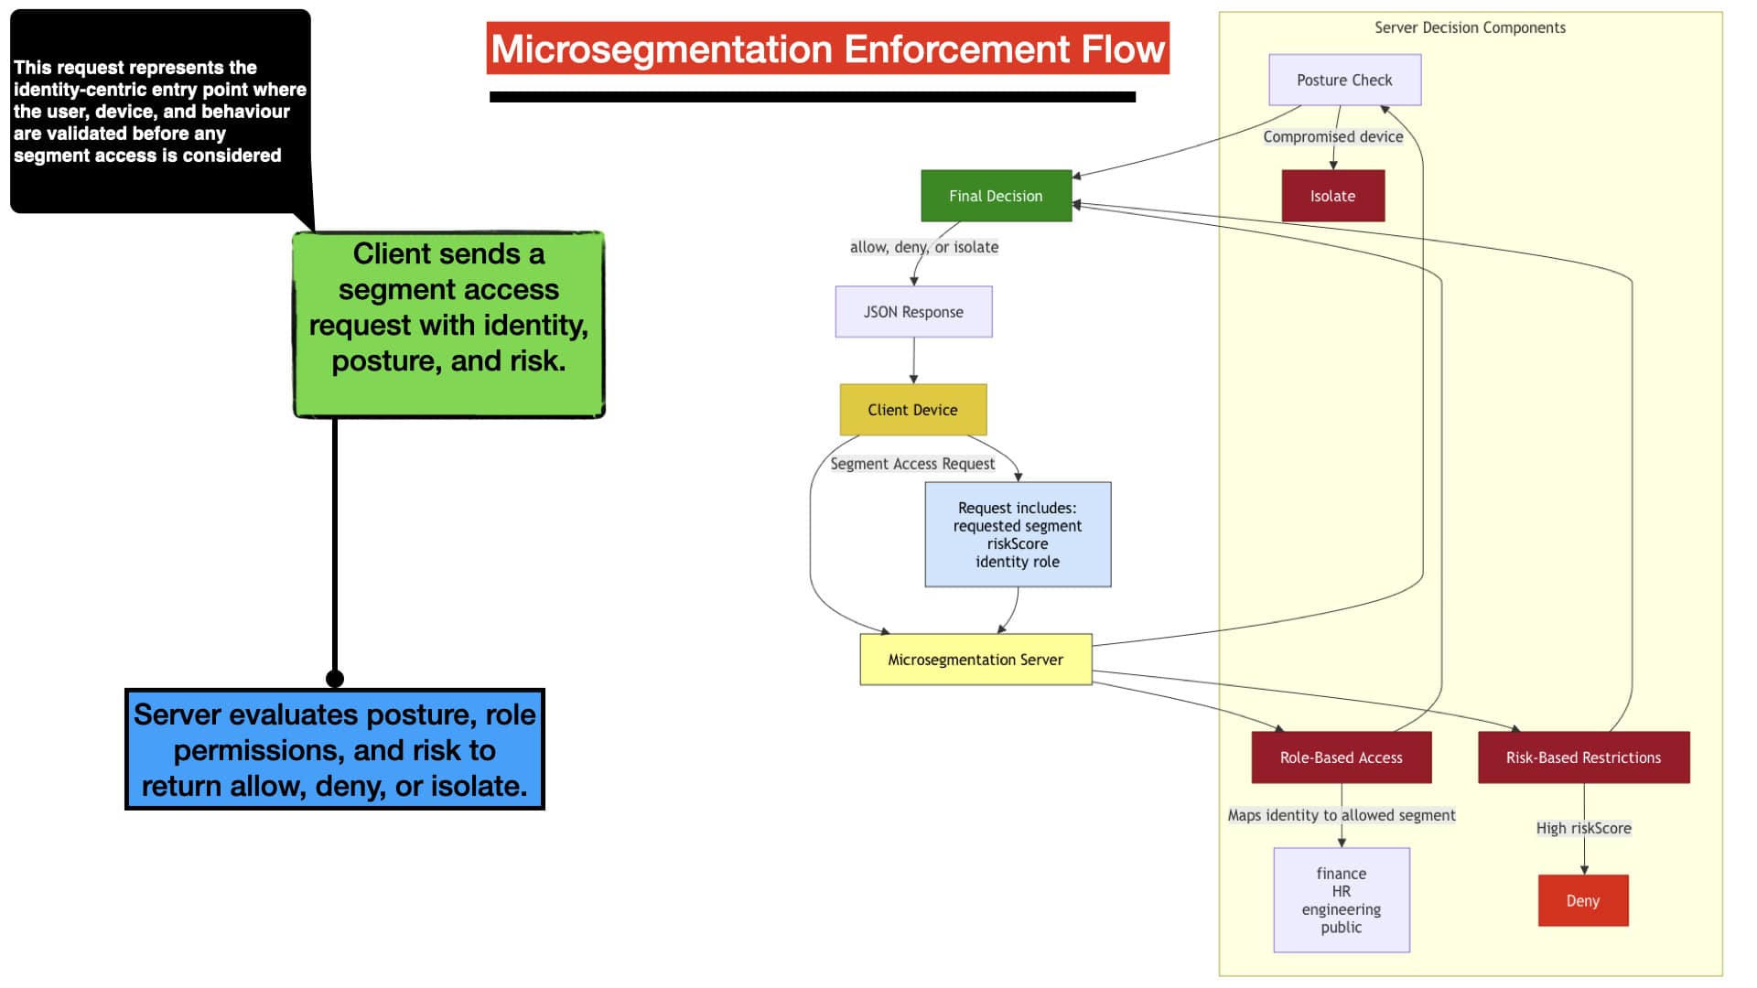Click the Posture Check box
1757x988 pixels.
(x=1344, y=80)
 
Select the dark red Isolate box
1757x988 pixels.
(x=1332, y=196)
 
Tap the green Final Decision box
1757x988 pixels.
(x=996, y=196)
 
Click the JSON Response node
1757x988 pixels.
(x=913, y=312)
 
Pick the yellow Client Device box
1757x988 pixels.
(x=913, y=410)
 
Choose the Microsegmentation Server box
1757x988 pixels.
(x=976, y=660)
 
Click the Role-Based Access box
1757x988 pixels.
(x=1342, y=757)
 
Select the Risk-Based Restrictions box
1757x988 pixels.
(x=1584, y=757)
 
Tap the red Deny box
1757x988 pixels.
(x=1583, y=901)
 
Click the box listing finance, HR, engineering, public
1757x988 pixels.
(x=1342, y=900)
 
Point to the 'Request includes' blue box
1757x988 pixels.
(x=1018, y=534)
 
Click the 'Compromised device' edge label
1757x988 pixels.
(x=1333, y=137)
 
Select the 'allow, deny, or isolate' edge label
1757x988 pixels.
(x=924, y=247)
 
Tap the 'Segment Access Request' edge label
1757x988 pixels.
(x=912, y=464)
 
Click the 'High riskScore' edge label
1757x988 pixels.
(x=1584, y=829)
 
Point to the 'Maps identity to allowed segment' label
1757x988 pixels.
(x=1342, y=815)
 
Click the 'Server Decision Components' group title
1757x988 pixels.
(x=1470, y=27)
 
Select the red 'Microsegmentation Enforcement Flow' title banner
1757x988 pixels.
(x=828, y=48)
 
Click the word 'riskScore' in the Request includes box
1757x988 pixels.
(x=1018, y=543)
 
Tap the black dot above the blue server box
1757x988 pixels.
(x=335, y=679)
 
